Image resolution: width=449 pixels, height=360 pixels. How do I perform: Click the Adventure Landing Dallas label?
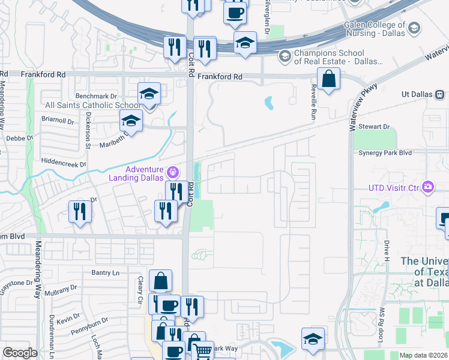pyautogui.click(x=136, y=173)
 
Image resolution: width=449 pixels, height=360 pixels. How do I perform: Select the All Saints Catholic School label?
pyautogui.click(x=93, y=105)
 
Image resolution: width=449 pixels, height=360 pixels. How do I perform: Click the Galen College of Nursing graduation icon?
pyautogui.click(x=414, y=28)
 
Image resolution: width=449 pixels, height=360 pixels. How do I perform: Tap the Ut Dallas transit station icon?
pyautogui.click(x=440, y=95)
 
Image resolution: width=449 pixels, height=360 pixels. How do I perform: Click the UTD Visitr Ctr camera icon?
pyautogui.click(x=427, y=187)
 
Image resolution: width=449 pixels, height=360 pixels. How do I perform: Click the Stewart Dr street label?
pyautogui.click(x=375, y=127)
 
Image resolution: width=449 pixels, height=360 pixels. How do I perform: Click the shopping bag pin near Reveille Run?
pyautogui.click(x=329, y=79)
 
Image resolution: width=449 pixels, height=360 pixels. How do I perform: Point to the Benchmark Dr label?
pyautogui.click(x=96, y=96)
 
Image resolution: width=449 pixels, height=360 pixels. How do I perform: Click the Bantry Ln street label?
pyautogui.click(x=106, y=273)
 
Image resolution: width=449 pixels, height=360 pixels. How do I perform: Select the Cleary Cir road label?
pyautogui.click(x=139, y=290)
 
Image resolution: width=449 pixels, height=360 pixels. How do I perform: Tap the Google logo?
pyautogui.click(x=20, y=353)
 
